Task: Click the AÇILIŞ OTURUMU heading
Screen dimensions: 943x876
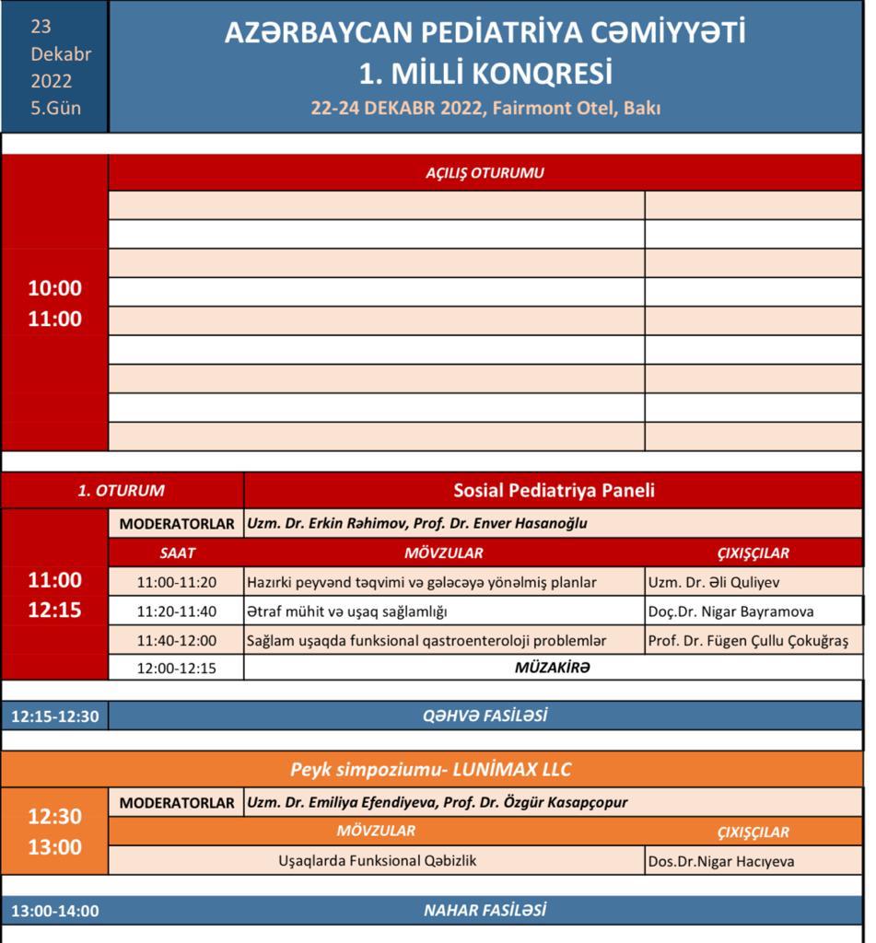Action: pos(485,172)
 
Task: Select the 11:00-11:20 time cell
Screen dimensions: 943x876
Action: pos(176,582)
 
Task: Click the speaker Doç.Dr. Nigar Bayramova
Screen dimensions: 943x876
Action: pos(730,611)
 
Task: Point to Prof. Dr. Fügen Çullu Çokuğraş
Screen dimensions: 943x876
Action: pos(753,640)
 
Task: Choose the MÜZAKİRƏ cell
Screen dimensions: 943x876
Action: pos(551,669)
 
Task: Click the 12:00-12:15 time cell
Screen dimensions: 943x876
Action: pos(176,669)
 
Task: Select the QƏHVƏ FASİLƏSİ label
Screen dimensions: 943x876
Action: pos(485,716)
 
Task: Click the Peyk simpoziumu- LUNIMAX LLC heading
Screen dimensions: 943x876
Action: pos(438,769)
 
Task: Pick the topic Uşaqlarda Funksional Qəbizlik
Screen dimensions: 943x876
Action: pos(378,861)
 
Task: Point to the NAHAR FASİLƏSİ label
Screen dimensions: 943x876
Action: pos(485,911)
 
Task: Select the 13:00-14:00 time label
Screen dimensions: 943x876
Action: pos(54,912)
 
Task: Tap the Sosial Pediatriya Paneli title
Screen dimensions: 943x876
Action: pos(554,491)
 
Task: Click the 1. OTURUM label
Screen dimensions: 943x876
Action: pos(122,491)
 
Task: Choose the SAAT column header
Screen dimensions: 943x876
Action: pos(176,553)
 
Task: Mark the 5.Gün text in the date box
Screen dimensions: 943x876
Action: pos(55,108)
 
